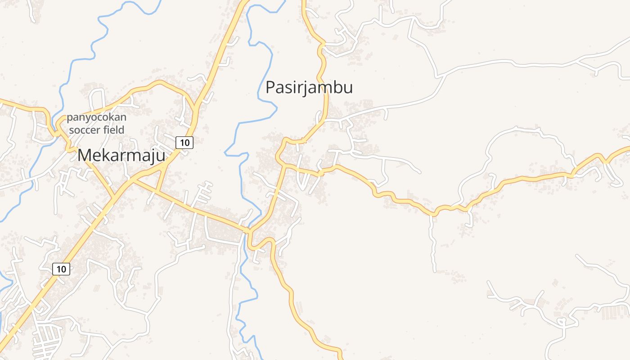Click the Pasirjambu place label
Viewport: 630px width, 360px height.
click(x=309, y=87)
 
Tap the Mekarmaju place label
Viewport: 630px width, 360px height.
click(x=121, y=156)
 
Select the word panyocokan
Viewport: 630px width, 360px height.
click(x=96, y=118)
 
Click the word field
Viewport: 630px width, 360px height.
click(x=115, y=130)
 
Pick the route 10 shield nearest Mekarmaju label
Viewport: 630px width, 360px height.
click(x=184, y=143)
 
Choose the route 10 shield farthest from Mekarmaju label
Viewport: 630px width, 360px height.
click(x=61, y=269)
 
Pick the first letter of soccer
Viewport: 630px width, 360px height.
click(x=72, y=130)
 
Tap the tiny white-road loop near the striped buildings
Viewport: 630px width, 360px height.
click(x=561, y=321)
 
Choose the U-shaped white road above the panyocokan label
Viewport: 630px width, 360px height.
click(x=97, y=96)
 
